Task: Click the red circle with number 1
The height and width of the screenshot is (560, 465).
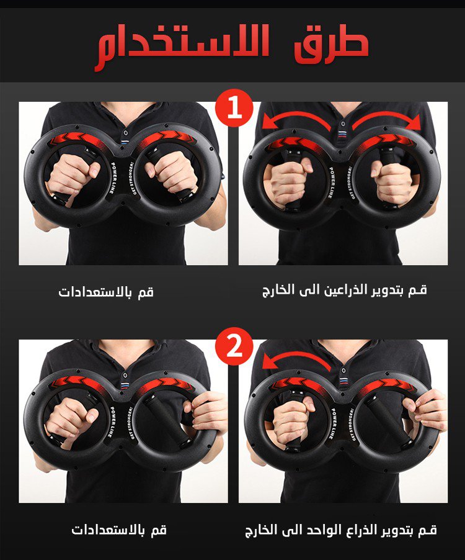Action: click(234, 108)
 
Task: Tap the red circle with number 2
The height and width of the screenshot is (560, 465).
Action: click(234, 346)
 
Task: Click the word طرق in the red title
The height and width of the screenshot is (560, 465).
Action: click(331, 45)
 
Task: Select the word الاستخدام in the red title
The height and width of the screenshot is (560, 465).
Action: click(182, 47)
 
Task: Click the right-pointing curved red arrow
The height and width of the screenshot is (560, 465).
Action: click(386, 122)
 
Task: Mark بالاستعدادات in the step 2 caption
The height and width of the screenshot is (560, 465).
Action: click(108, 530)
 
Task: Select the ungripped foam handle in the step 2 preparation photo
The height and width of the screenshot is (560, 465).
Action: click(167, 420)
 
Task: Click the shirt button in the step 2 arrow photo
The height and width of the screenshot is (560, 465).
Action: click(343, 370)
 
